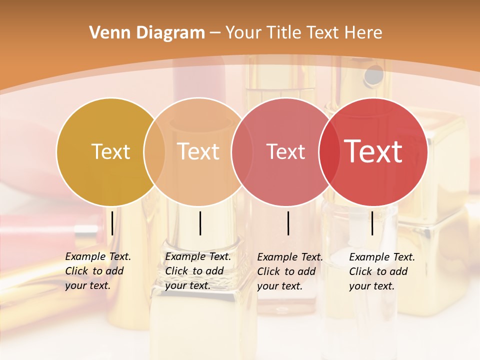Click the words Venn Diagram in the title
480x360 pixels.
click(x=147, y=33)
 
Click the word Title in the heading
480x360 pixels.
click(x=283, y=33)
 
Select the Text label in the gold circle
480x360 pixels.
click(x=110, y=152)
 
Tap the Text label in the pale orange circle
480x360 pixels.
click(x=198, y=152)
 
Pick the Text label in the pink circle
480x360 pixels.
click(x=285, y=152)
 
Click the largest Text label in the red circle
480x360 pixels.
click(x=373, y=152)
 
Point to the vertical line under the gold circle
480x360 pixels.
click(x=112, y=223)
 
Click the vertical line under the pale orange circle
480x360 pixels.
click(x=200, y=223)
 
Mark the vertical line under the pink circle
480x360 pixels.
click(x=288, y=223)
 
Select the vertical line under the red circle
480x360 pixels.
click(x=372, y=223)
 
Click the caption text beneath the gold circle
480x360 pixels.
click(x=97, y=271)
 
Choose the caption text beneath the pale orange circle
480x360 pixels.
click(x=197, y=271)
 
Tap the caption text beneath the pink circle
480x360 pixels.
click(x=289, y=271)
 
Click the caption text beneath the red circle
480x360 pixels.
click(x=381, y=271)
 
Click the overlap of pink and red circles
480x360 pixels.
click(x=327, y=152)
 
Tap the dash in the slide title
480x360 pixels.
click(x=215, y=33)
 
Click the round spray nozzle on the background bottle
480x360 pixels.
click(x=373, y=75)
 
